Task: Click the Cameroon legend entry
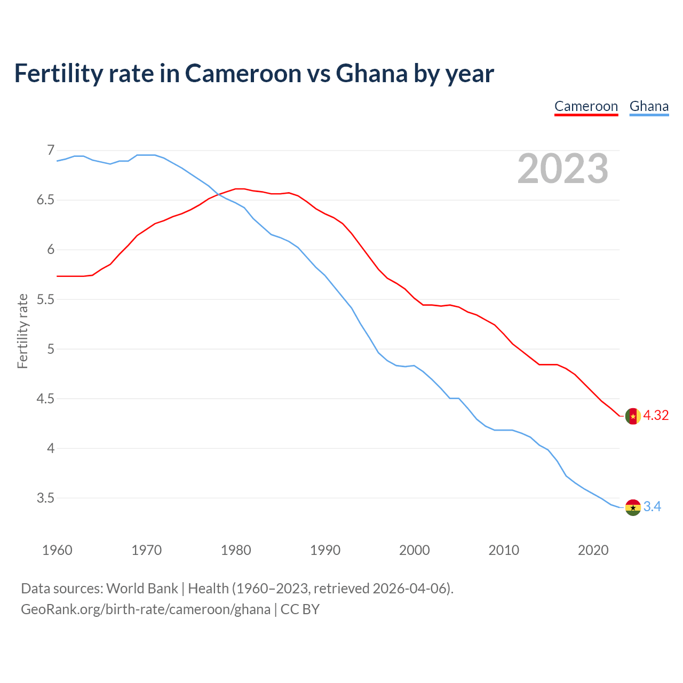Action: pyautogui.click(x=586, y=106)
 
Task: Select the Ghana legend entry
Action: pyautogui.click(x=649, y=106)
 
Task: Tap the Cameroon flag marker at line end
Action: pyautogui.click(x=633, y=416)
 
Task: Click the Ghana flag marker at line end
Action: pyautogui.click(x=633, y=507)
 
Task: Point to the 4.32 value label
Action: pyautogui.click(x=656, y=416)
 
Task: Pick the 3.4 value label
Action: pyautogui.click(x=652, y=507)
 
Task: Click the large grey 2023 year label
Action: pyautogui.click(x=563, y=169)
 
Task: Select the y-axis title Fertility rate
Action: pyautogui.click(x=22, y=331)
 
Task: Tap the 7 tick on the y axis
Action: pyautogui.click(x=51, y=150)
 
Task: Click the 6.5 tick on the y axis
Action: pyautogui.click(x=46, y=200)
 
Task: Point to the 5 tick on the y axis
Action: pyautogui.click(x=51, y=350)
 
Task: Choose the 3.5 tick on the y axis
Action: pyautogui.click(x=46, y=498)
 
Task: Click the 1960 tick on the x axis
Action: pyautogui.click(x=57, y=550)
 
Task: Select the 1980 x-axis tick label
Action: pyautogui.click(x=236, y=550)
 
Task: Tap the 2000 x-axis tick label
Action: pyautogui.click(x=415, y=550)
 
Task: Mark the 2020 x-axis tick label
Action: pyautogui.click(x=593, y=550)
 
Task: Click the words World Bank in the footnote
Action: pyautogui.click(x=142, y=589)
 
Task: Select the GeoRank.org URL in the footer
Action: pyautogui.click(x=146, y=609)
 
